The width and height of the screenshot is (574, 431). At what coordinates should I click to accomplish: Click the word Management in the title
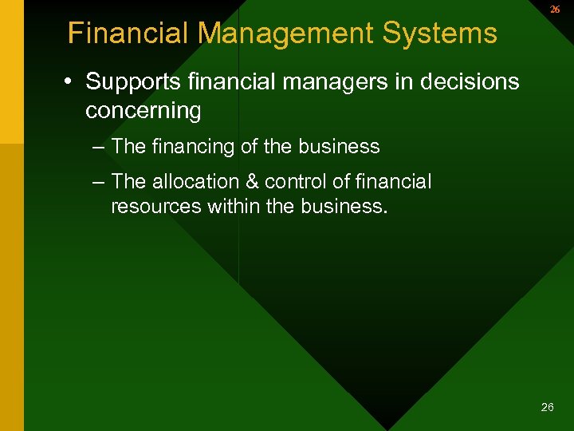(286, 34)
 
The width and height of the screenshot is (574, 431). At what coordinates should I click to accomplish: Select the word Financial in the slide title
(128, 34)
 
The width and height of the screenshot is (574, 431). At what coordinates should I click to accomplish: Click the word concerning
(143, 110)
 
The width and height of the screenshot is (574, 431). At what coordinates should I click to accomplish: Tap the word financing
(188, 147)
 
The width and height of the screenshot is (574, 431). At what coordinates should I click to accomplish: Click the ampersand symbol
(257, 182)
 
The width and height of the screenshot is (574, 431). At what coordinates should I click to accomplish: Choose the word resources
(156, 208)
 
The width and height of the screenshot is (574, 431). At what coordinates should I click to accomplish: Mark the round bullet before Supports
(71, 82)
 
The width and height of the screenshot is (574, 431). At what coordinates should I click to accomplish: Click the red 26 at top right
(555, 10)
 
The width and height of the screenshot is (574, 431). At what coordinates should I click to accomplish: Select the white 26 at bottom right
(547, 407)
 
